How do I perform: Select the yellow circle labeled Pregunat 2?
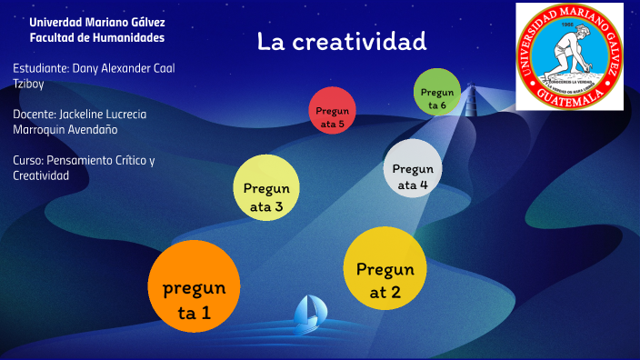[385, 268]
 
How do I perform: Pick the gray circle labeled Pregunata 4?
[413, 169]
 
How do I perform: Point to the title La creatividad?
[341, 41]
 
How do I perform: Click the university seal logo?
[570, 56]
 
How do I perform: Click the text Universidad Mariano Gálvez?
[97, 22]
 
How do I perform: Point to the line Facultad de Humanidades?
[97, 38]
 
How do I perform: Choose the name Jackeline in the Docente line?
[83, 115]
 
